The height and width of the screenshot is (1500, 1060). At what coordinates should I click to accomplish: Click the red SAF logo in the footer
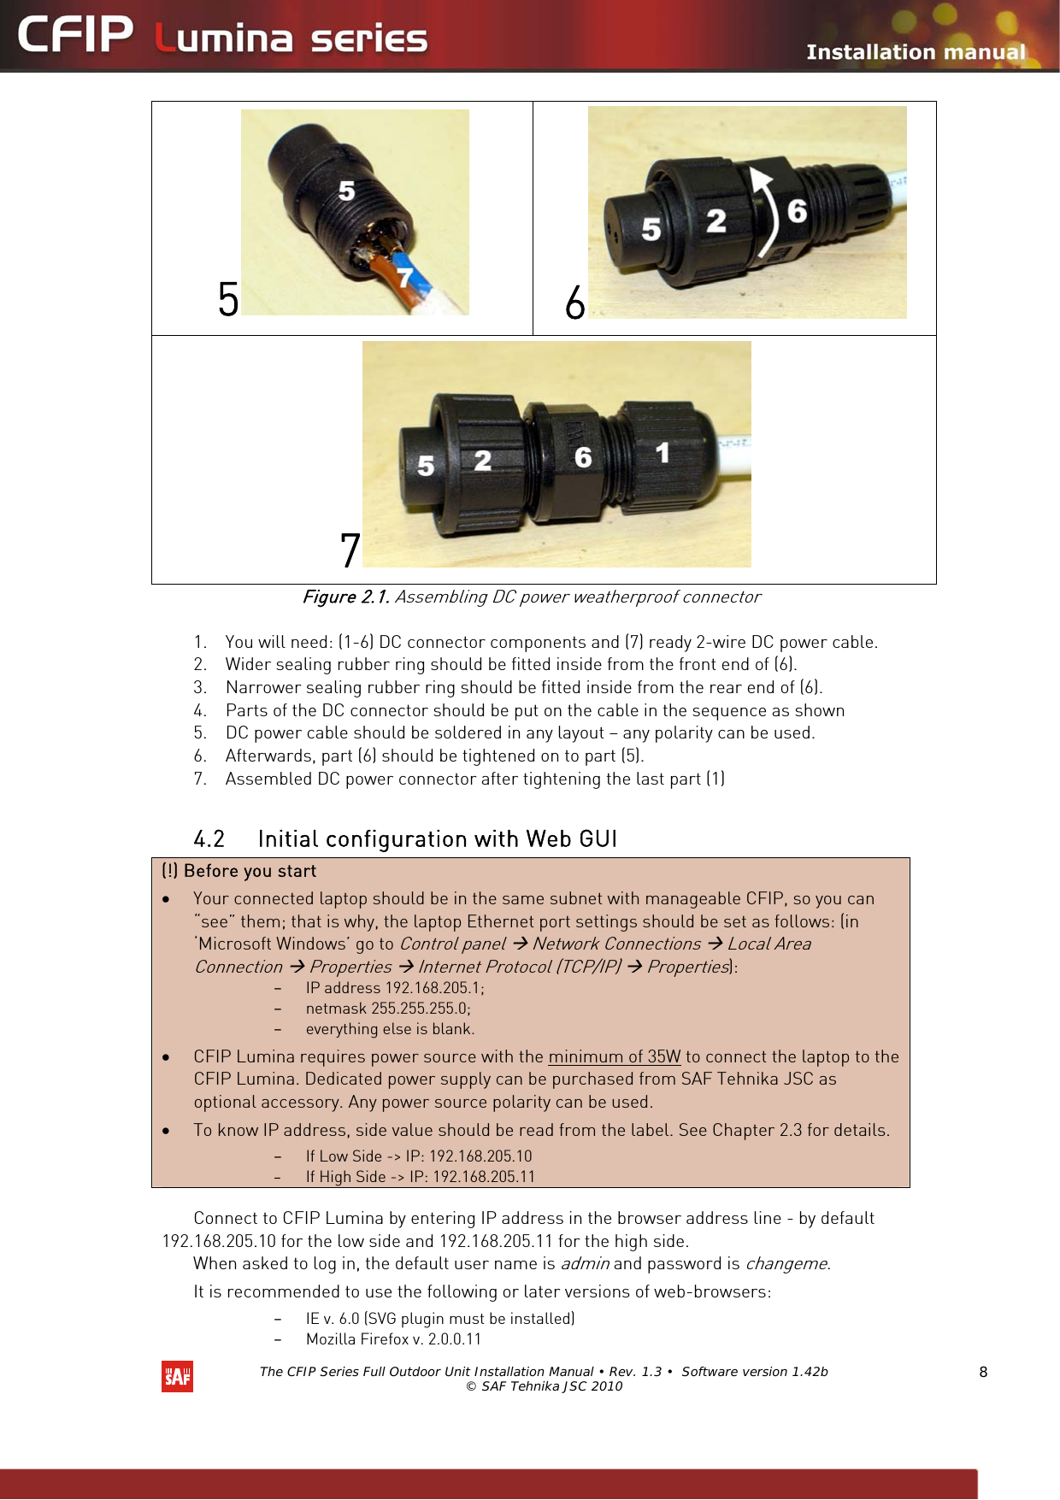177,1376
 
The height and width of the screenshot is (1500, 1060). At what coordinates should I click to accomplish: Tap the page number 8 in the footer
983,1372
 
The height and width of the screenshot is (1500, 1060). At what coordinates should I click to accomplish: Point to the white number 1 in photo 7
662,453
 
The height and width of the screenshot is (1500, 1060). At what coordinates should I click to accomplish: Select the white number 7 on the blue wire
405,278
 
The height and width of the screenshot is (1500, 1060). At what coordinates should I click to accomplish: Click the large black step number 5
228,299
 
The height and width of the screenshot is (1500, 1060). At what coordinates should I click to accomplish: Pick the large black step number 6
575,303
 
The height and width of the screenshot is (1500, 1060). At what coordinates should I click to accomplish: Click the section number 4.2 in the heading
209,838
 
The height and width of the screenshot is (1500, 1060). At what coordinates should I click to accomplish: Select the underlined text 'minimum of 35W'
614,1056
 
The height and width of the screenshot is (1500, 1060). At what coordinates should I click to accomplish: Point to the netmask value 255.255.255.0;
421,1009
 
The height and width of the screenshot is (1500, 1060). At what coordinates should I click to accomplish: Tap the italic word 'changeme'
786,1263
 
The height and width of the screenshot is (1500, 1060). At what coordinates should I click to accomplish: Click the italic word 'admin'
585,1263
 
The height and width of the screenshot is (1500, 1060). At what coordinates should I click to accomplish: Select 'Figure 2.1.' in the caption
346,597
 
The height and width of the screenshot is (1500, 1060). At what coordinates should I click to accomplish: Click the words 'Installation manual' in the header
915,52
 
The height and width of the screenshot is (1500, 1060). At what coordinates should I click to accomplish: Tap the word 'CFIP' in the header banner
75,36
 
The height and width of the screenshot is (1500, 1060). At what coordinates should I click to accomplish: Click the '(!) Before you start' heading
238,871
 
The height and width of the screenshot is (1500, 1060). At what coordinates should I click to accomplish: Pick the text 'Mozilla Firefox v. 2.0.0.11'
393,1339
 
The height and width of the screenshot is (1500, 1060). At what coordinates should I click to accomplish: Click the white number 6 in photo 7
583,457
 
